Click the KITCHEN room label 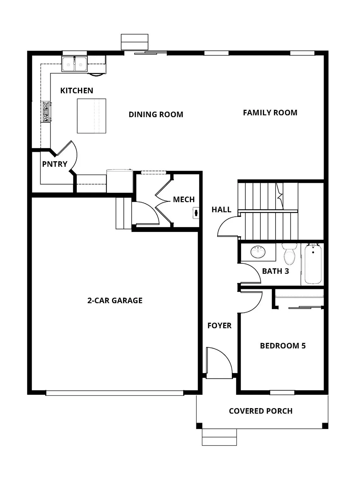pyautogui.click(x=77, y=91)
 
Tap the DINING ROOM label pyautogui.click(x=156, y=115)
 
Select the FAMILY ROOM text pyautogui.click(x=270, y=113)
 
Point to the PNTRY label pyautogui.click(x=55, y=164)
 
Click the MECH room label pyautogui.click(x=183, y=200)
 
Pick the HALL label pyautogui.click(x=221, y=209)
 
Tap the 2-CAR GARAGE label pyautogui.click(x=115, y=301)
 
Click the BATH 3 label pyautogui.click(x=275, y=271)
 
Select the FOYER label pyautogui.click(x=219, y=326)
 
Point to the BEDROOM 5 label pyautogui.click(x=282, y=346)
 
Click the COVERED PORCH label pyautogui.click(x=260, y=411)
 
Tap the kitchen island pyautogui.click(x=91, y=116)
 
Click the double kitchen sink pyautogui.click(x=74, y=64)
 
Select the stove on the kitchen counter pyautogui.click(x=46, y=112)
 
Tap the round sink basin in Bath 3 pyautogui.click(x=258, y=252)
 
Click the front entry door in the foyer pyautogui.click(x=219, y=362)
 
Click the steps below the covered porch pyautogui.click(x=219, y=437)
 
